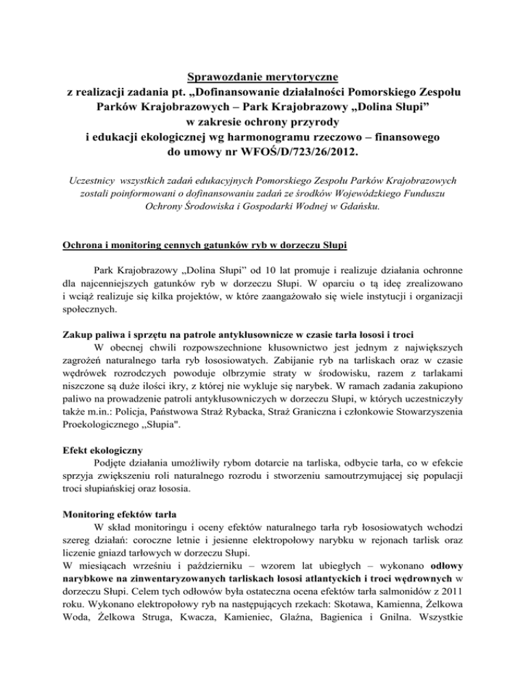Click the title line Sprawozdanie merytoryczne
click(263, 73)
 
